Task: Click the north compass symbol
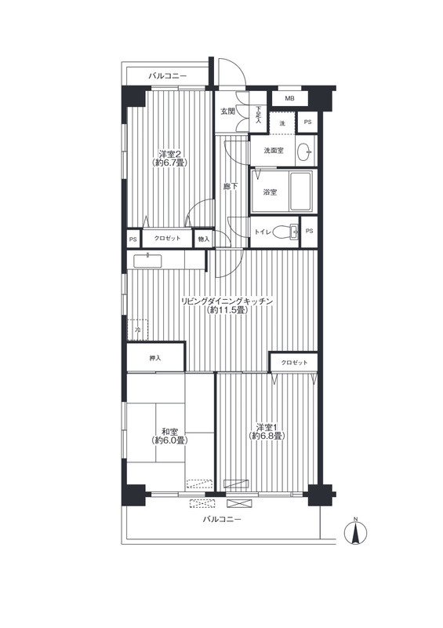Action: click(355, 531)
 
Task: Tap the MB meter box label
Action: click(290, 97)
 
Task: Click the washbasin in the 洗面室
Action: click(306, 152)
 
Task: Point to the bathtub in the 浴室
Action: click(300, 192)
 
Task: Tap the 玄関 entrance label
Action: click(227, 111)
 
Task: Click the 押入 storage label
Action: click(155, 358)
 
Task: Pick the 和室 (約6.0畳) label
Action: click(169, 436)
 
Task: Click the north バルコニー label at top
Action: click(167, 75)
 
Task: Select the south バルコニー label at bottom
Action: click(222, 520)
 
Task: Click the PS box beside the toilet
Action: click(309, 231)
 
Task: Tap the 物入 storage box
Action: click(203, 239)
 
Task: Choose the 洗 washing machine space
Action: click(282, 123)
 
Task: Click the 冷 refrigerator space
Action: click(137, 330)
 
